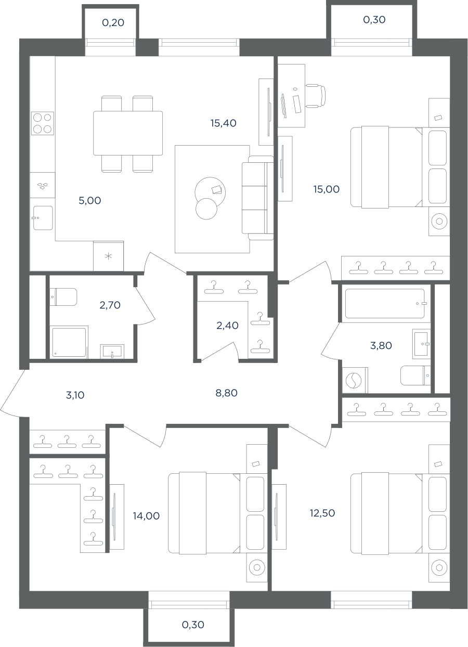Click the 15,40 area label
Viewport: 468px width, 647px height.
(x=224, y=123)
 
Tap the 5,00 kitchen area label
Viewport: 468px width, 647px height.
(x=90, y=200)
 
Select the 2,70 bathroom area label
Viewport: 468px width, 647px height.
(x=110, y=305)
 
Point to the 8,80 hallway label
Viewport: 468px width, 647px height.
(x=227, y=393)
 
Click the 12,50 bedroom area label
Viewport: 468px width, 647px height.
(x=322, y=513)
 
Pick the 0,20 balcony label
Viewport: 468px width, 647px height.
(x=113, y=22)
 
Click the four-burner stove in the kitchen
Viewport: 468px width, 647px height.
(x=43, y=123)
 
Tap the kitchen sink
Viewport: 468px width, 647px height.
(x=43, y=218)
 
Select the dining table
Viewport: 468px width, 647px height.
(x=128, y=133)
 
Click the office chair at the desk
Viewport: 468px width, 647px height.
(x=316, y=96)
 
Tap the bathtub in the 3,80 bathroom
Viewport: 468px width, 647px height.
(x=385, y=304)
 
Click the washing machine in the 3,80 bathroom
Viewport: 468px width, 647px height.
(x=355, y=380)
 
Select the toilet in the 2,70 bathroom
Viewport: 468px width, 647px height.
(x=63, y=296)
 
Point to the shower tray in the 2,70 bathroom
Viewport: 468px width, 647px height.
(x=69, y=342)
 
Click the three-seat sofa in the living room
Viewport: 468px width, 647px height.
(x=258, y=198)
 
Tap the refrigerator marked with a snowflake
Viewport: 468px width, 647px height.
(x=108, y=256)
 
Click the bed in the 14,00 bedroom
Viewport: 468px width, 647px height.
(x=204, y=513)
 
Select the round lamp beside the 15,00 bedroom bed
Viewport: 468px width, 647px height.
(x=439, y=221)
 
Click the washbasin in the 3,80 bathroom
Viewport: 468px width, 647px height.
(x=421, y=344)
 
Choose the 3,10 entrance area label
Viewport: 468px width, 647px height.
(x=75, y=395)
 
